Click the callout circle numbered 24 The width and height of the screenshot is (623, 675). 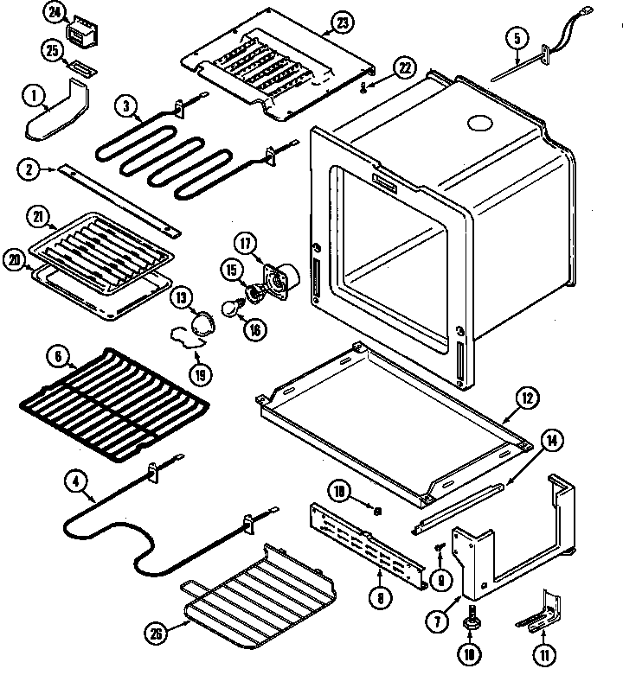(55, 13)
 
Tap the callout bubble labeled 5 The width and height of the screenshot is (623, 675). (517, 38)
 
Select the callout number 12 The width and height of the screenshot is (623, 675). (525, 398)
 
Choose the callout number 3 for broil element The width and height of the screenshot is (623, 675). (127, 108)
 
